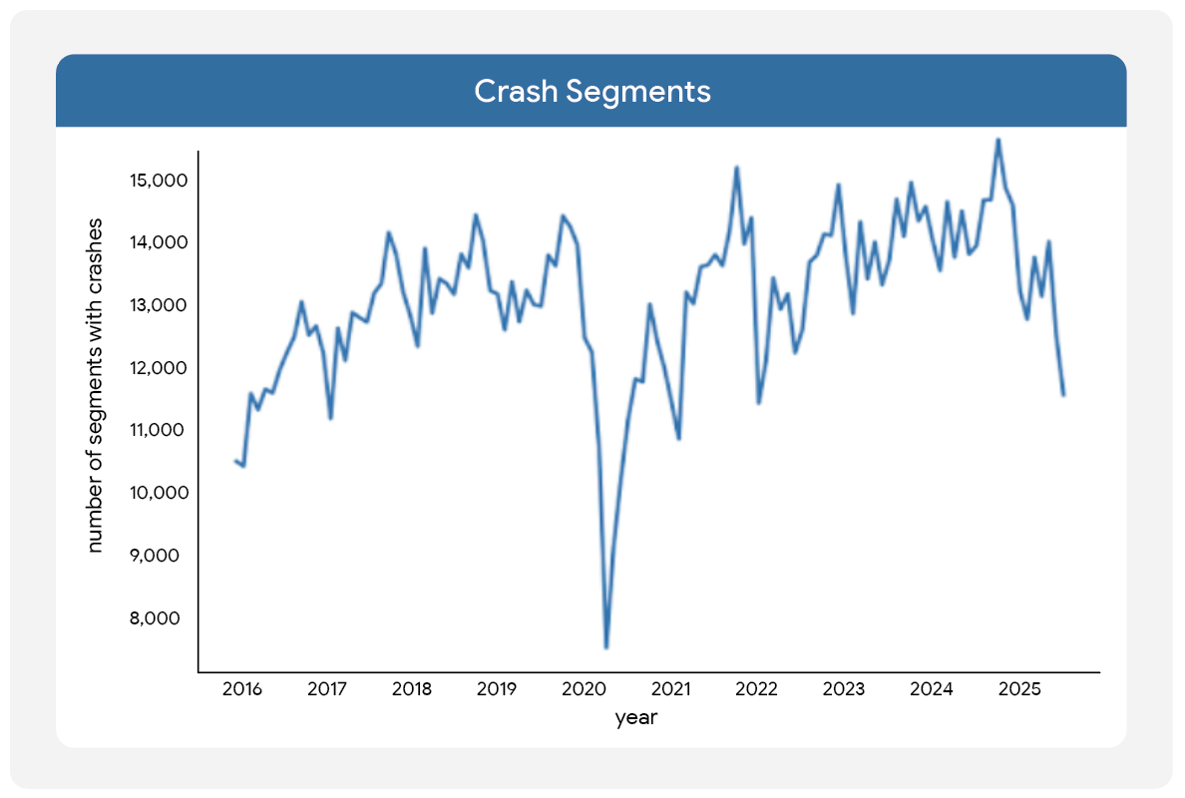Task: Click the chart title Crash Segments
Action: pos(592,91)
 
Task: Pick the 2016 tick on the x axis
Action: pos(241,689)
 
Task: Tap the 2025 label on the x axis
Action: pos(1019,689)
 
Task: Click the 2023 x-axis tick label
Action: pos(845,689)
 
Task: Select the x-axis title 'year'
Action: pos(635,717)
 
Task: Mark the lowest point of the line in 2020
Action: pos(606,647)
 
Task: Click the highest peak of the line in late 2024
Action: pos(998,140)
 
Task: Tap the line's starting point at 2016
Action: pos(235,460)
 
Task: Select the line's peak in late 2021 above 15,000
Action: pos(736,168)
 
